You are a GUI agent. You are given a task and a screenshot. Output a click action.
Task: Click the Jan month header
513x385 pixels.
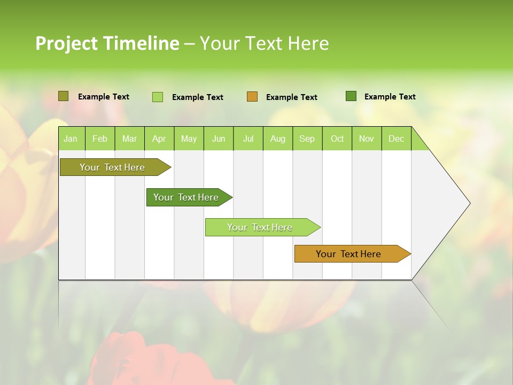click(71, 138)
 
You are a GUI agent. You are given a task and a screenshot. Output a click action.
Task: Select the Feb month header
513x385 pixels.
click(100, 138)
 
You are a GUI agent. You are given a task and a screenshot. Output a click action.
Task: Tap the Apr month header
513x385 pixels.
click(159, 138)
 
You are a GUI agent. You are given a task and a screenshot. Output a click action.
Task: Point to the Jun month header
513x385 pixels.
click(219, 138)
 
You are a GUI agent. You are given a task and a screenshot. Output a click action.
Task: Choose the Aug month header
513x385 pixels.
click(277, 138)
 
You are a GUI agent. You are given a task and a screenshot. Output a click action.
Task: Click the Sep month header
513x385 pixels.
click(307, 138)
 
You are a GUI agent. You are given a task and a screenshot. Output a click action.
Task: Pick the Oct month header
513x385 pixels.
click(337, 138)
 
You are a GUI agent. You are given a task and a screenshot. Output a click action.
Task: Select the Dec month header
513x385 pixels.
click(396, 138)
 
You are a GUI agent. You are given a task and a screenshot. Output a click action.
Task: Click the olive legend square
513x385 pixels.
click(63, 96)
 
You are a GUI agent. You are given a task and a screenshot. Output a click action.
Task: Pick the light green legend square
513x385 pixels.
click(157, 97)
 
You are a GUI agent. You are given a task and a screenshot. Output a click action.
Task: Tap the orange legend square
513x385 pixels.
click(252, 97)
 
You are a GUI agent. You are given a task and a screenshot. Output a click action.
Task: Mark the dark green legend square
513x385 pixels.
click(351, 96)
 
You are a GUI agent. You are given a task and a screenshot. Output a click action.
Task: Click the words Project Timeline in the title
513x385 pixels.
click(107, 43)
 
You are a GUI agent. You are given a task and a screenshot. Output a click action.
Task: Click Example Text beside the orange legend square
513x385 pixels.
click(291, 97)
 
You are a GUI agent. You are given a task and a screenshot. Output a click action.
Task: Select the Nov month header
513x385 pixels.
click(366, 138)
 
